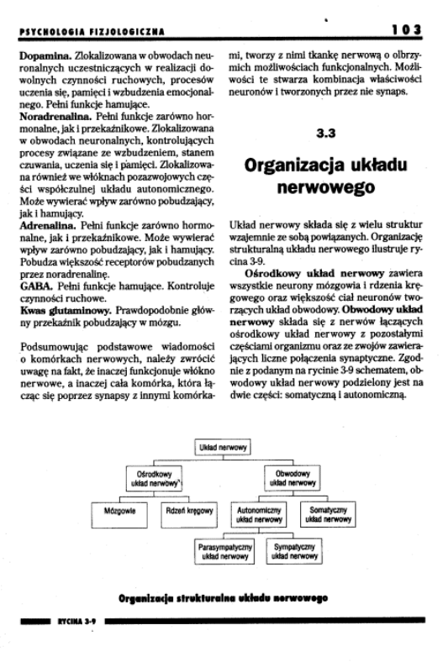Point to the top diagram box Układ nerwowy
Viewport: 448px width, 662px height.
222,449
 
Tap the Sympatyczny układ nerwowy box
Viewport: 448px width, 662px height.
288,551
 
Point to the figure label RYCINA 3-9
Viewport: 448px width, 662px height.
75,627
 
